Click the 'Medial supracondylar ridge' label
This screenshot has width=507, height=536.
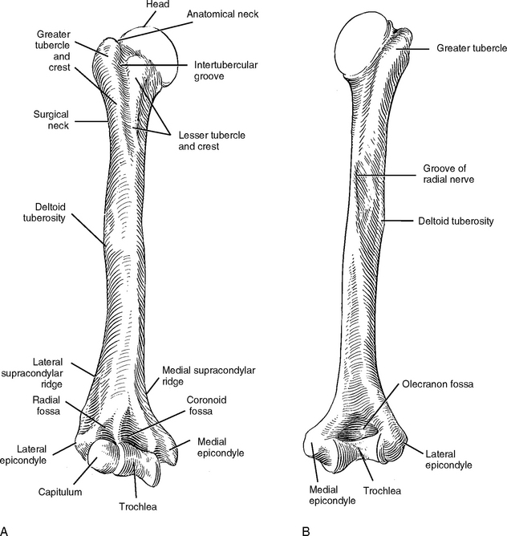pyautogui.click(x=208, y=376)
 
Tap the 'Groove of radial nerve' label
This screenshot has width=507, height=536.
pyautogui.click(x=448, y=174)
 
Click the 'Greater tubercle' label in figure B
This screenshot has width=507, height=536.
pyautogui.click(x=471, y=49)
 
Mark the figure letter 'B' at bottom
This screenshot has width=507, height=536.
pyautogui.click(x=305, y=530)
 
